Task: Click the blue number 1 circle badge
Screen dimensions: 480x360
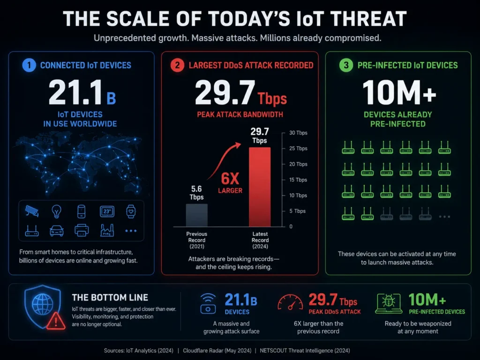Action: [x=29, y=65]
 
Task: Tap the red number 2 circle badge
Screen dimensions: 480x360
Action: [x=177, y=65]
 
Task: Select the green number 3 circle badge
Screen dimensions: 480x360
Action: [x=346, y=65]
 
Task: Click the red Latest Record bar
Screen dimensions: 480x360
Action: [x=260, y=187]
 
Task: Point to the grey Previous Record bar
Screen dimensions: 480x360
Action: [x=197, y=215]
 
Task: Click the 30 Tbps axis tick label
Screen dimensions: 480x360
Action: [x=298, y=133]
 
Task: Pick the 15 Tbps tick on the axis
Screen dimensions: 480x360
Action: [x=298, y=180]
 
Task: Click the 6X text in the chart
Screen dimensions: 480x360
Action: [x=230, y=178]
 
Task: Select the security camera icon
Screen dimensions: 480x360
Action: [x=32, y=211]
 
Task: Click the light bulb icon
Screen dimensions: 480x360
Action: [x=56, y=211]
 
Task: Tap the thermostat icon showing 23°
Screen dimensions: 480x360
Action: [x=107, y=211]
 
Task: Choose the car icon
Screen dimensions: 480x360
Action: [x=57, y=231]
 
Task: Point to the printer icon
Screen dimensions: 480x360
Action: [x=82, y=230]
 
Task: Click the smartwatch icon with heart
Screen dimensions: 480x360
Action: [x=131, y=211]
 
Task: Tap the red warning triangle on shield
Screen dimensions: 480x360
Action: [x=56, y=321]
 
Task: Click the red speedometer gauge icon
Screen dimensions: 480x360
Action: [x=290, y=302]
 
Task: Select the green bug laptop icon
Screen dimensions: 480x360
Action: [x=389, y=303]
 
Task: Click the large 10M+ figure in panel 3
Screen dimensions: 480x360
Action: [x=399, y=92]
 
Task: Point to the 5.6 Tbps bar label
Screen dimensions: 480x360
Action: [x=196, y=193]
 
